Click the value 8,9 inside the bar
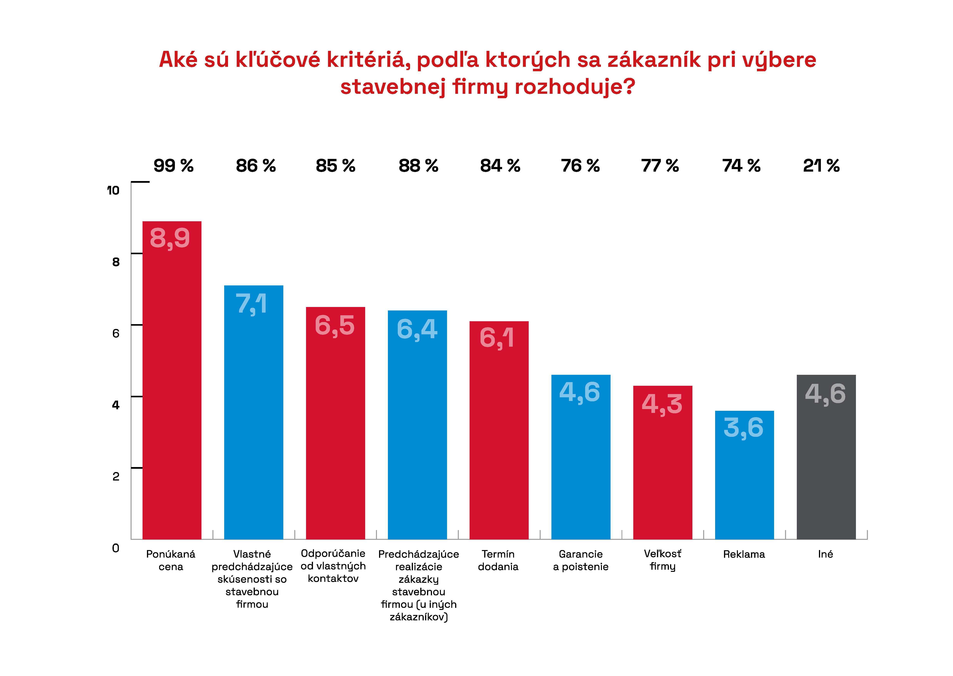(170, 238)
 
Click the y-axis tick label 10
(113, 191)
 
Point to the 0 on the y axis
(116, 548)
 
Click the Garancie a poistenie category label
(581, 560)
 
